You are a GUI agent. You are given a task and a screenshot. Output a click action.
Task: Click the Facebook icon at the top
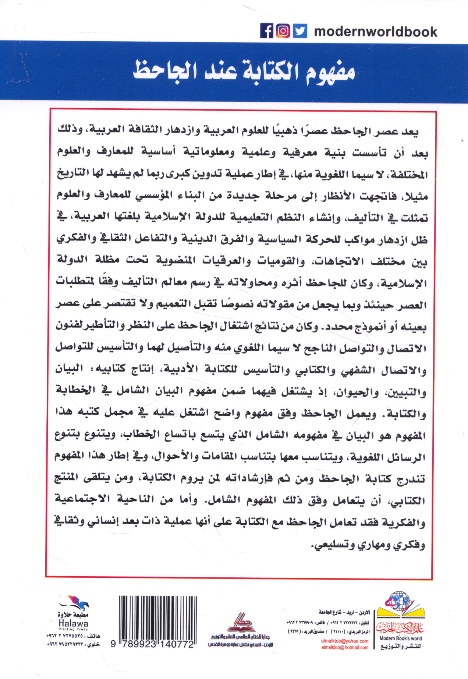click(267, 31)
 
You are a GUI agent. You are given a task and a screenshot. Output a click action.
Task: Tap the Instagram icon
click(283, 31)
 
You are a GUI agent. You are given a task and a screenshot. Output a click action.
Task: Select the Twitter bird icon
click(300, 31)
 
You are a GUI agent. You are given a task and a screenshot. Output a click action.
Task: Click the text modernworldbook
click(375, 32)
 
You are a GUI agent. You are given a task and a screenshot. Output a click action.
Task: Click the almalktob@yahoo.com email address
click(345, 641)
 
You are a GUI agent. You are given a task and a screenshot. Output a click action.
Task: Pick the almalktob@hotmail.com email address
click(345, 647)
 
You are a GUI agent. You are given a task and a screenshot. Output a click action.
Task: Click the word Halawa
click(73, 623)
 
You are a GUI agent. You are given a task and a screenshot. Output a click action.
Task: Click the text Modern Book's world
click(401, 638)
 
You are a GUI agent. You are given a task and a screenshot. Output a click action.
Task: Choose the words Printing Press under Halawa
click(73, 629)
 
